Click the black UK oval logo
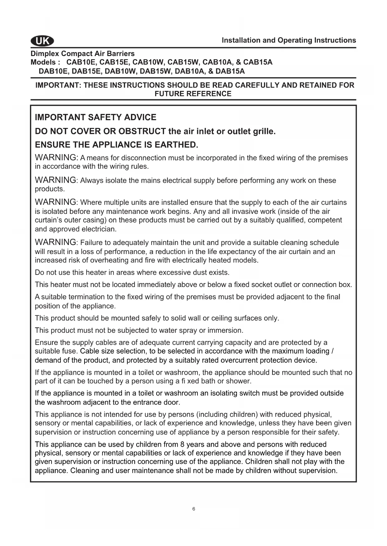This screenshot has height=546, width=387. click(x=42, y=41)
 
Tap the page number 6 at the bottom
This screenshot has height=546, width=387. click(x=194, y=509)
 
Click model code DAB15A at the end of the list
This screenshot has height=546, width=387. click(x=230, y=71)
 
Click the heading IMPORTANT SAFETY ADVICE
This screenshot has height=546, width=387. click(x=95, y=117)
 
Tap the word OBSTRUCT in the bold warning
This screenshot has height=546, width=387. click(x=142, y=131)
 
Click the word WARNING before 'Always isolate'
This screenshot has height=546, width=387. click(x=56, y=180)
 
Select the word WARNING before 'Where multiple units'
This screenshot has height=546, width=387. click(x=56, y=202)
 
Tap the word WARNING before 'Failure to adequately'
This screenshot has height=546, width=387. click(x=56, y=242)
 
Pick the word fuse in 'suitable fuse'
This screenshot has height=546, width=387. click(x=71, y=351)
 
